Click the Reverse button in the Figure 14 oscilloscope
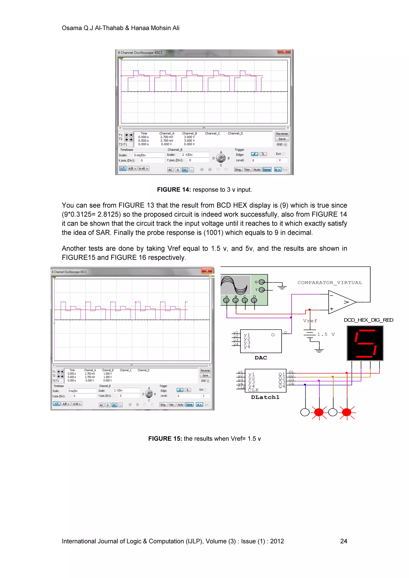(x=282, y=134)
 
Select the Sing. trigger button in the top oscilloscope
(x=238, y=170)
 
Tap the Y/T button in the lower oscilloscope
(x=56, y=404)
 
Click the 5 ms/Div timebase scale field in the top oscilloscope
(x=149, y=155)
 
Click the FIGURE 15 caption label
(x=165, y=438)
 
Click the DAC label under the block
(x=261, y=358)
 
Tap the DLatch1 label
(x=265, y=397)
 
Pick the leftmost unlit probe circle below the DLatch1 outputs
(x=305, y=412)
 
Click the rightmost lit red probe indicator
(x=347, y=412)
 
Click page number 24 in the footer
(x=343, y=541)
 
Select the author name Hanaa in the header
(x=140, y=28)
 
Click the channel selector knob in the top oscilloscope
(x=221, y=158)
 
